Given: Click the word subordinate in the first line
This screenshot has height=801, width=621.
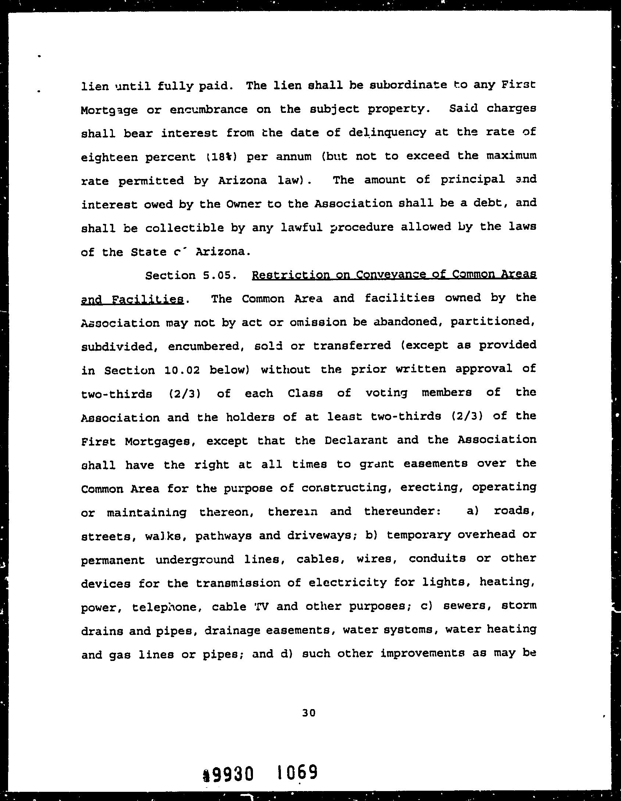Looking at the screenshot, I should (408, 86).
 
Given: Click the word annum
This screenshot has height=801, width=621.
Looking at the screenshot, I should (293, 157).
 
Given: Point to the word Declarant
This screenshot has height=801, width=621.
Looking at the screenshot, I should (356, 440).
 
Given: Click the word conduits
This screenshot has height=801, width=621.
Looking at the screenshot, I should (437, 559).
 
